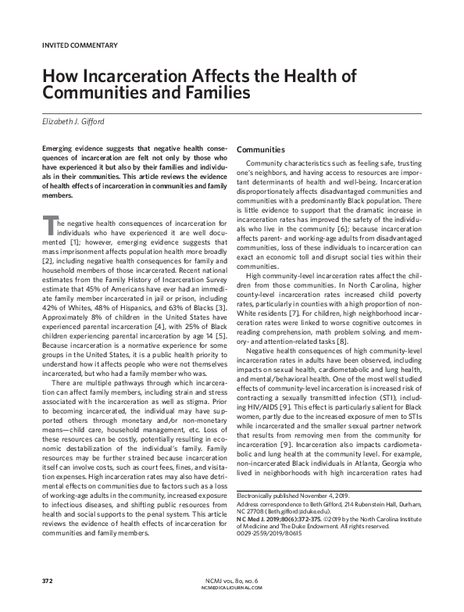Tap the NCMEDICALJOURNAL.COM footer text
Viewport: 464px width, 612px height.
pyautogui.click(x=233, y=589)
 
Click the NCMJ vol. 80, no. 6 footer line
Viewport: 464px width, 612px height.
pyautogui.click(x=233, y=582)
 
